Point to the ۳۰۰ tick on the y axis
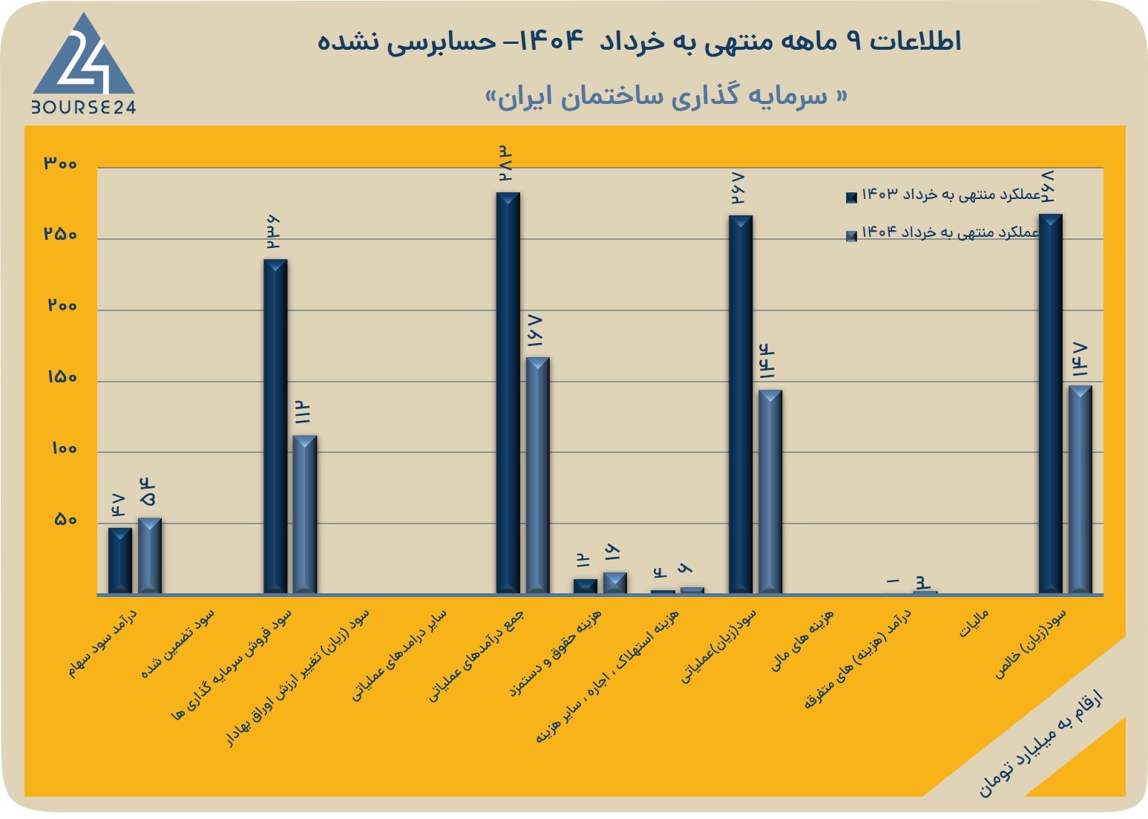point(60,163)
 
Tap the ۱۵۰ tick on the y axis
point(62,377)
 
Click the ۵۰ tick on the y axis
point(65,520)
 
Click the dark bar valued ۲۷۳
point(508,394)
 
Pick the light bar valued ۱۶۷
point(537,475)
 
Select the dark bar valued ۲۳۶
point(275,427)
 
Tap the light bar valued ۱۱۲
point(305,515)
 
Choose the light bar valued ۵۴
point(150,556)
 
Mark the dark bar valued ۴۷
point(120,561)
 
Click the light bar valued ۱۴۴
point(770,492)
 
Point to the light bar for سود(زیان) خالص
point(1080,490)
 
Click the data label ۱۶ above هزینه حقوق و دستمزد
point(613,552)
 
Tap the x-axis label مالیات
point(974,624)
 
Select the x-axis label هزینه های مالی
point(803,641)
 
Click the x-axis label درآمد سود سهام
point(103,643)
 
